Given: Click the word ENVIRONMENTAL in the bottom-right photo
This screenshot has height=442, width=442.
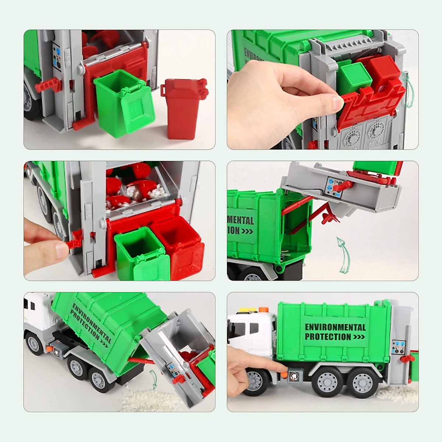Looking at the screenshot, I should coord(335,327).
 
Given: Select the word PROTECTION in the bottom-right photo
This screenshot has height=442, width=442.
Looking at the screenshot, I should coord(328,337).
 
